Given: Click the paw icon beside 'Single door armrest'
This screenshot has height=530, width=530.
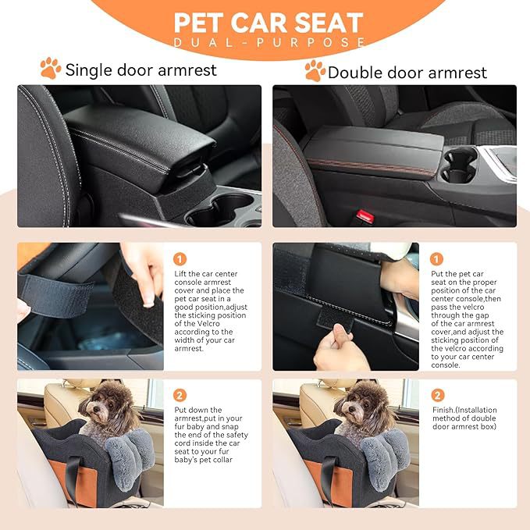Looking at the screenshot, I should click(51, 69).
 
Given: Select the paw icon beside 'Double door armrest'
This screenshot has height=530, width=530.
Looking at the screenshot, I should click(315, 70).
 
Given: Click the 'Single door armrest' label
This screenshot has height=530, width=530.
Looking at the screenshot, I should click(141, 70).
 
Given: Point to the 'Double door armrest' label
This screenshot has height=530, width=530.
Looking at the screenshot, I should click(407, 73).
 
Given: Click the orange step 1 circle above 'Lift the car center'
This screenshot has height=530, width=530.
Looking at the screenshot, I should click(180, 258).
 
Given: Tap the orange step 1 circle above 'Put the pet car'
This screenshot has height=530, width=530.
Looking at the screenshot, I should click(437, 258).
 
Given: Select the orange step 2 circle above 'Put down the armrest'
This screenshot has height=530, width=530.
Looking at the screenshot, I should click(180, 395).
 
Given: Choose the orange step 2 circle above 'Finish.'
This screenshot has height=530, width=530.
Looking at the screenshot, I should click(437, 395).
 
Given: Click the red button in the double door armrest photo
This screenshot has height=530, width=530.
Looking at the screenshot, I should click(363, 215).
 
